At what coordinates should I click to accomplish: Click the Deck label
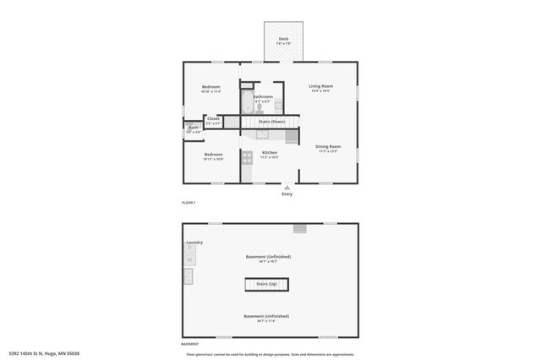click(283, 39)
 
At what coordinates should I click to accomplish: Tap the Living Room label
click(320, 87)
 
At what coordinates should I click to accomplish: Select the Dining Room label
click(328, 147)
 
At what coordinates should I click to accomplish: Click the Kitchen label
click(270, 153)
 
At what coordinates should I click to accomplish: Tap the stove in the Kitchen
click(247, 157)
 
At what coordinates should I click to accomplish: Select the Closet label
click(213, 119)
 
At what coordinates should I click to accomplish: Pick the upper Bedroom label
click(210, 87)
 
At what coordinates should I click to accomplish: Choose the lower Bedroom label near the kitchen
click(213, 155)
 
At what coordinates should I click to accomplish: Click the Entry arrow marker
click(287, 188)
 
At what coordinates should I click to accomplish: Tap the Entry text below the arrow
click(287, 194)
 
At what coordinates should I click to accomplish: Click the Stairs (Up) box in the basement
click(267, 285)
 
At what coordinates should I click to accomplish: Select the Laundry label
click(195, 243)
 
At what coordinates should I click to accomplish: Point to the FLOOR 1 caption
click(189, 203)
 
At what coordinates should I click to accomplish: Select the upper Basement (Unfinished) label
click(268, 256)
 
